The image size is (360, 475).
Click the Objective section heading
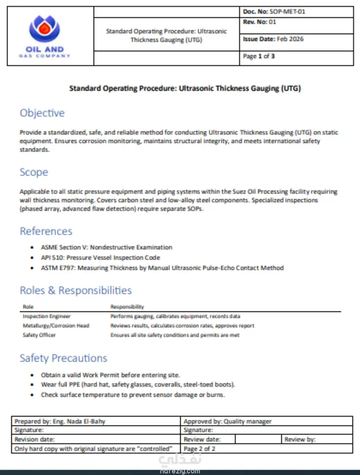pos(42,113)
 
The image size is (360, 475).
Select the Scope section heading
pos(34,172)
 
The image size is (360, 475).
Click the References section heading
pos(46,231)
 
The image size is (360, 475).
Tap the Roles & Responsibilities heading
pos(75,290)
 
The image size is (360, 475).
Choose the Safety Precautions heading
pos(63,358)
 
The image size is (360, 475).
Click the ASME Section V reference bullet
pos(106,247)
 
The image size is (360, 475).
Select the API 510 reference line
pos(100,258)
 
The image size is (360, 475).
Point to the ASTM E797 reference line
pos(162,268)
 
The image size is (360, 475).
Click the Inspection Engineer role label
pos(47,316)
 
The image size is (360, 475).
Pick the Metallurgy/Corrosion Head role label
pos(56,326)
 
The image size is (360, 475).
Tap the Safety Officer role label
pos(39,335)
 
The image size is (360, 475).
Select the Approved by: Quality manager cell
pos(227,421)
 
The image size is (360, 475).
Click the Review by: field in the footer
pos(300,440)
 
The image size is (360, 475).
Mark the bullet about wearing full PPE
pos(138,384)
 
